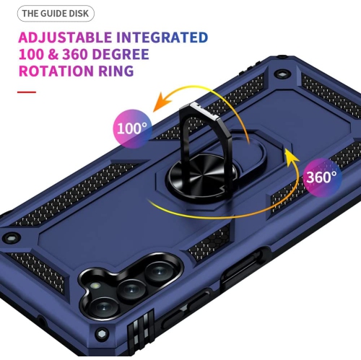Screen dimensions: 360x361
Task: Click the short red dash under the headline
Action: [x=27, y=92]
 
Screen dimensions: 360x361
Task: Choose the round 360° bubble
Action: [x=320, y=177]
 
